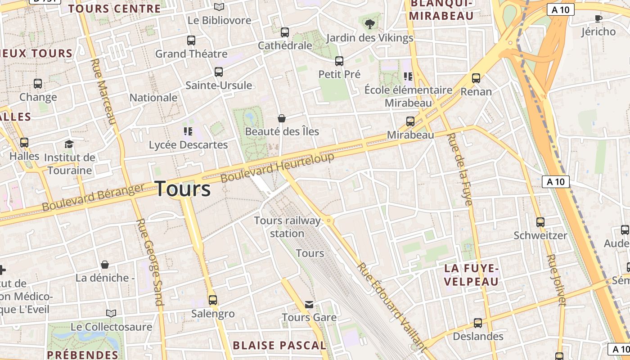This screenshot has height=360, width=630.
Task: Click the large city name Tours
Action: click(183, 189)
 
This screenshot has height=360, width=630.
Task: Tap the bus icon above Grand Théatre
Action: click(191, 40)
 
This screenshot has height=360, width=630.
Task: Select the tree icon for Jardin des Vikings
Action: click(370, 24)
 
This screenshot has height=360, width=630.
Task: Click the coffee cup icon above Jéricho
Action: click(598, 18)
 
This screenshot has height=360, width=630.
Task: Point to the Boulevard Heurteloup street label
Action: click(278, 167)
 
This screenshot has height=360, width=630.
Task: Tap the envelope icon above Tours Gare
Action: click(309, 305)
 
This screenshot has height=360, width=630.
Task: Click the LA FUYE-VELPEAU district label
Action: click(472, 275)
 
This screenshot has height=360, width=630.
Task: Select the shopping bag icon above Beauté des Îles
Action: click(282, 118)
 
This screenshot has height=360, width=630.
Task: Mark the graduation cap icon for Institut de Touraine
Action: click(69, 144)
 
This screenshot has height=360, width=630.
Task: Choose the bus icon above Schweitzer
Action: click(540, 222)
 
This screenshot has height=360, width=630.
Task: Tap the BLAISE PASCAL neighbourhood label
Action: click(279, 346)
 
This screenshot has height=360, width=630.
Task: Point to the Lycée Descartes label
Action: click(188, 145)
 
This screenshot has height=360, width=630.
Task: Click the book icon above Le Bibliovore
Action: click(219, 7)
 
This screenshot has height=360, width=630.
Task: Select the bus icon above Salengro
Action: click(213, 300)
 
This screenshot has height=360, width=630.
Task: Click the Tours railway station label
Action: click(287, 227)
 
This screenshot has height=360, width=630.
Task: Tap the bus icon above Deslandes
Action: click(478, 323)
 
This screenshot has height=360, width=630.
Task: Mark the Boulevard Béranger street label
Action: click(93, 197)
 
